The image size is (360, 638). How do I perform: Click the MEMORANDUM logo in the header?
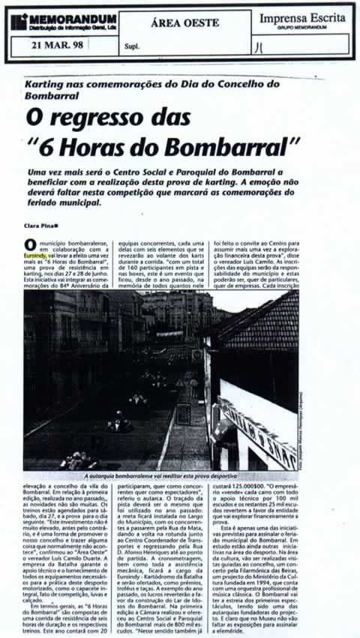tap(63, 19)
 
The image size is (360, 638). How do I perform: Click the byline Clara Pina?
tap(40, 226)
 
